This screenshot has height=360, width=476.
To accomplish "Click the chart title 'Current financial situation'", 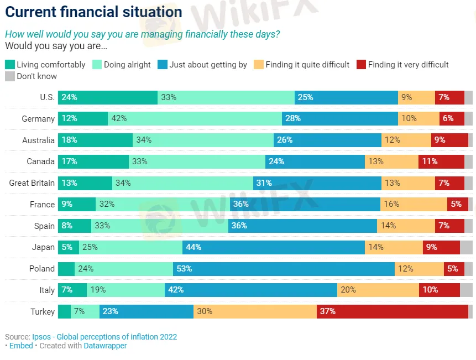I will point(93,12).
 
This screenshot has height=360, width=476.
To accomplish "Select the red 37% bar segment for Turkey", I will point(393,311).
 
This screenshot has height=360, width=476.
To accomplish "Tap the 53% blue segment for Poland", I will point(284,269).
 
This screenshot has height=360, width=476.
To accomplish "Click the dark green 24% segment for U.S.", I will point(108,97).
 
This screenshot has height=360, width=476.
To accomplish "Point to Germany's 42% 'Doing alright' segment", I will point(195,118).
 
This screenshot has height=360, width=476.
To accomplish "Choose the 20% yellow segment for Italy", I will point(378,290).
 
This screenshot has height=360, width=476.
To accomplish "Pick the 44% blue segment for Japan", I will point(274,247).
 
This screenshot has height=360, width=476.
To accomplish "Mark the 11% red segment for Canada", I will point(441,161).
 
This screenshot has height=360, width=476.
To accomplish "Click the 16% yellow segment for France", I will point(414,204).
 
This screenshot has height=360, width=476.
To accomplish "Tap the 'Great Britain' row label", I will point(32,183).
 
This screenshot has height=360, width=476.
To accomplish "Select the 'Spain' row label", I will point(44,226).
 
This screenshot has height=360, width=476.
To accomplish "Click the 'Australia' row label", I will point(38,140).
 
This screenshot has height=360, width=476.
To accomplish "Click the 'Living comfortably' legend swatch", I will point(9,65).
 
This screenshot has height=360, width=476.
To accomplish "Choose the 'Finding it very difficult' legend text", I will point(408,65).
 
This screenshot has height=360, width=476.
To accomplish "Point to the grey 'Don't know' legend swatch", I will point(9,76).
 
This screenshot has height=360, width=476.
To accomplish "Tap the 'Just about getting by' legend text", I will point(208,65).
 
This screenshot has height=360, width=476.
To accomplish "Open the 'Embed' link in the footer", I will point(21,346).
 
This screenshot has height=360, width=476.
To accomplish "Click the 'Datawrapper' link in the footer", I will point(105,346).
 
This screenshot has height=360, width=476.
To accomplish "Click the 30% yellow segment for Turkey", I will point(255,311).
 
